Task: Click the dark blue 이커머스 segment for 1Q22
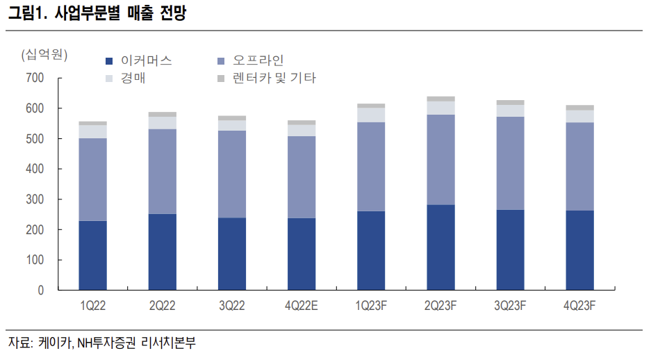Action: point(92,255)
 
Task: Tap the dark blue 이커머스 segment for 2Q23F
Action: point(440,247)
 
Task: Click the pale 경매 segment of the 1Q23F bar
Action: point(371,115)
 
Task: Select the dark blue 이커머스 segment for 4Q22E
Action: point(301,254)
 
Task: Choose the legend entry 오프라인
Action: point(258,60)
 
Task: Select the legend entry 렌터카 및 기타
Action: point(274,79)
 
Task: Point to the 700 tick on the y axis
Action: point(35,79)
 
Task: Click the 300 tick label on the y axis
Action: point(35,199)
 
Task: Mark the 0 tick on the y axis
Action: point(41,290)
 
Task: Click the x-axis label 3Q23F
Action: point(510,306)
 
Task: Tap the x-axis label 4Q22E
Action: point(301,306)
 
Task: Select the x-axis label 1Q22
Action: point(92,306)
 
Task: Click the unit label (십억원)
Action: point(44,54)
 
